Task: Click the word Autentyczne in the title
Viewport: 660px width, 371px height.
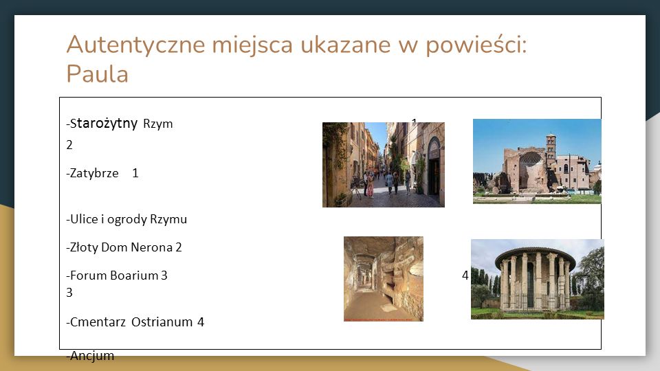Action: (135, 45)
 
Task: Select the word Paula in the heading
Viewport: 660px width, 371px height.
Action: (97, 74)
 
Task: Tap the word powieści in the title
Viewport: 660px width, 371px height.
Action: (476, 45)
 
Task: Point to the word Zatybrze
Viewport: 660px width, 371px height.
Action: (94, 173)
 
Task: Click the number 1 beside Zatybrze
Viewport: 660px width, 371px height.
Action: (135, 173)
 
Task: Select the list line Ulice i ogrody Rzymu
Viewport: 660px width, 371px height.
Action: (126, 219)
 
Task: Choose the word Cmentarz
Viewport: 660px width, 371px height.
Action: (98, 322)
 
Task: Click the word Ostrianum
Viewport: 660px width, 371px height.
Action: (162, 322)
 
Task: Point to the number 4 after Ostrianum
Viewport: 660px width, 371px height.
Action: (201, 322)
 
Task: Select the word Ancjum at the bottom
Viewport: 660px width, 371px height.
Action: (91, 355)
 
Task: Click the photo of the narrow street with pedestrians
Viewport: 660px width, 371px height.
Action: (384, 165)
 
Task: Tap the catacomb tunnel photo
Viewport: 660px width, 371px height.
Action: (384, 279)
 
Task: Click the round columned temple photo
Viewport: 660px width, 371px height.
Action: (538, 280)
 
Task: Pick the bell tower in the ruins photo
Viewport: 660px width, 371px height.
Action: (551, 148)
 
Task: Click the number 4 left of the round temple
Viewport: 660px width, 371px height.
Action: (465, 275)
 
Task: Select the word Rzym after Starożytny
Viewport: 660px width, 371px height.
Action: (158, 124)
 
